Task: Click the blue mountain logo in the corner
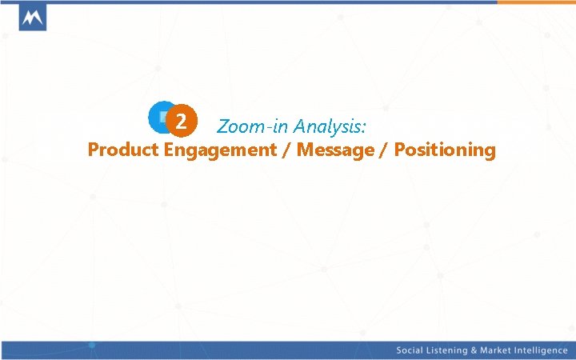[x=32, y=17]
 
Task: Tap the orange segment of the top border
[x=535, y=2]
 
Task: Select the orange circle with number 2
[x=182, y=122]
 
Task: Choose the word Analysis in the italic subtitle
[x=326, y=126]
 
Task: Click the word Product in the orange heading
[x=124, y=150]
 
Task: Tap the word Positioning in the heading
[x=446, y=150]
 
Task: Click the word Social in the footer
[x=412, y=351]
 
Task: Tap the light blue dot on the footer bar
[x=91, y=346]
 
